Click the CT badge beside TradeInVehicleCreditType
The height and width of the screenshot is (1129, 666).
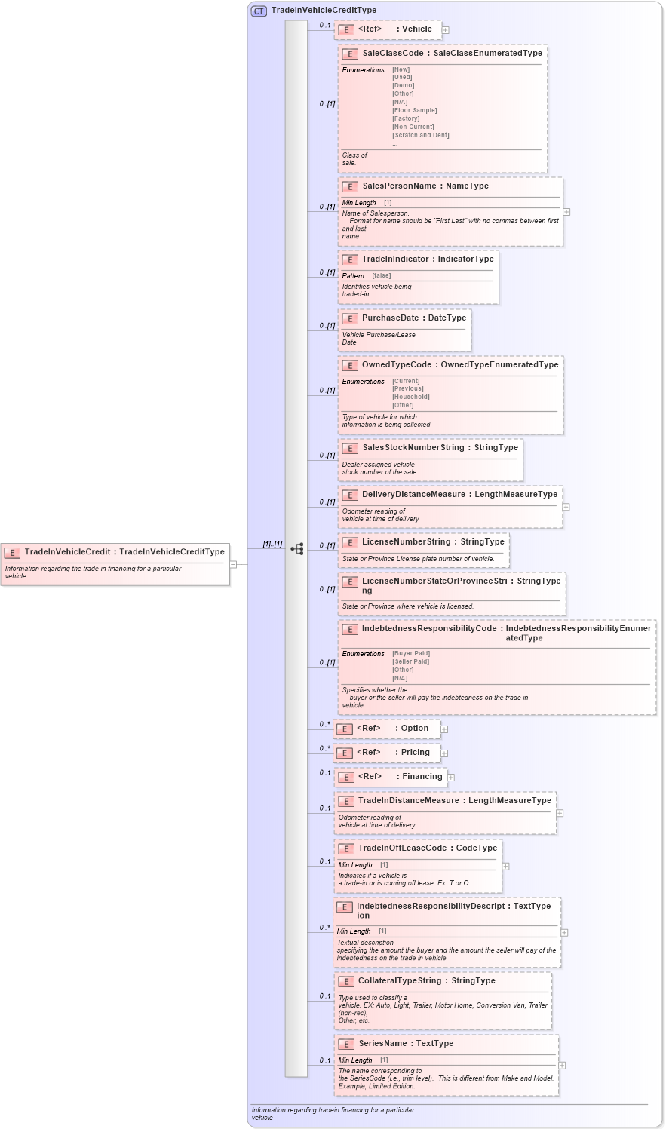259,11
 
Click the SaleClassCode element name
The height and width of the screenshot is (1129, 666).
392,54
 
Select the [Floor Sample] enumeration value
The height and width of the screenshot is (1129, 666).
414,111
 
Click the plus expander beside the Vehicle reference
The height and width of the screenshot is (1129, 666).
446,30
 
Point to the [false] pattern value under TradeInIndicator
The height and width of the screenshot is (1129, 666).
381,276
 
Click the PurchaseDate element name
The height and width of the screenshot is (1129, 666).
390,318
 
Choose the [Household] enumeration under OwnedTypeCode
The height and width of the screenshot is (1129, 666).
410,397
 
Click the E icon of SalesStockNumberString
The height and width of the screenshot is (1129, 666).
349,448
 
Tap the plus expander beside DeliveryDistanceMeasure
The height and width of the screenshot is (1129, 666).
566,507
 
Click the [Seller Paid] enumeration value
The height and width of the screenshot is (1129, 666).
410,662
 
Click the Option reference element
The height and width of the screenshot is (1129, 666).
414,729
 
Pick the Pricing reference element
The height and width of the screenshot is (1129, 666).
415,753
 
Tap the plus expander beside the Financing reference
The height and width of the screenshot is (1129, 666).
450,777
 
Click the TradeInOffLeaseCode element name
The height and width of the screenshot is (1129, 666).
402,848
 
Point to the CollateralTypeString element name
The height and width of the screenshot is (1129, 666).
399,981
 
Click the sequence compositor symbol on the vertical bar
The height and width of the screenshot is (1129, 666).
296,549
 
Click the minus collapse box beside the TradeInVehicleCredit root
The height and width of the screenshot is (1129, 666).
234,563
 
